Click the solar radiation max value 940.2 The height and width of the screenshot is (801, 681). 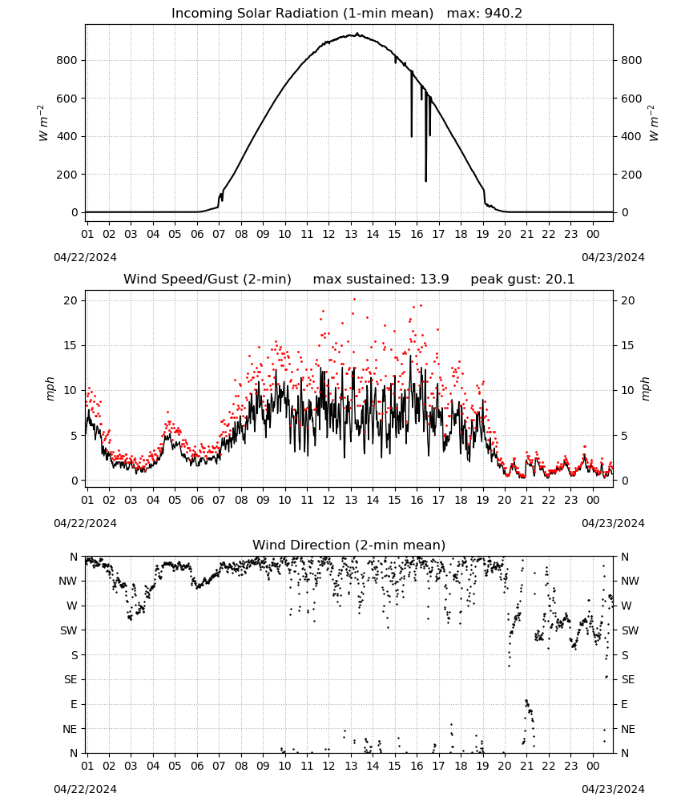pos(503,14)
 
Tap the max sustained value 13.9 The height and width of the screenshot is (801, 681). pos(434,280)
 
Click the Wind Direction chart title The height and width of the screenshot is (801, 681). pos(349,545)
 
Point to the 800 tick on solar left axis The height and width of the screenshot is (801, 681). pos(66,60)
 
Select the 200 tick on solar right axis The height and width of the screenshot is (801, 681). pos(631,175)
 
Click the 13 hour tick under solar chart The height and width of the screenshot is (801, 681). pos(351,234)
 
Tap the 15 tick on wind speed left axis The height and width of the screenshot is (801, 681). pos(71,346)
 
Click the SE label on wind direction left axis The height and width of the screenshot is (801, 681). pos(71,679)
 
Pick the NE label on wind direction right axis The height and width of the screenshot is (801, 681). pos(628,729)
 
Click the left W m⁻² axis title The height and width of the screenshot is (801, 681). pos(43,123)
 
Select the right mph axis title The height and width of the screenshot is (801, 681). pos(645,388)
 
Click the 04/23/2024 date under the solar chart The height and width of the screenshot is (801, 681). pos(613,257)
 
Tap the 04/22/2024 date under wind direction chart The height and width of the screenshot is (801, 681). pos(85,789)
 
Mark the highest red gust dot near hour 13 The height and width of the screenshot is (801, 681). pos(354,300)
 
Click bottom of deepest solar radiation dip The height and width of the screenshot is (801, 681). pos(425,180)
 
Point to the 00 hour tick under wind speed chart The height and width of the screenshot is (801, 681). pos(593,500)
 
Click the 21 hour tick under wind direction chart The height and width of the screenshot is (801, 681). pos(526,766)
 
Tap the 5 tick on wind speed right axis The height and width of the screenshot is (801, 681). pos(624,436)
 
